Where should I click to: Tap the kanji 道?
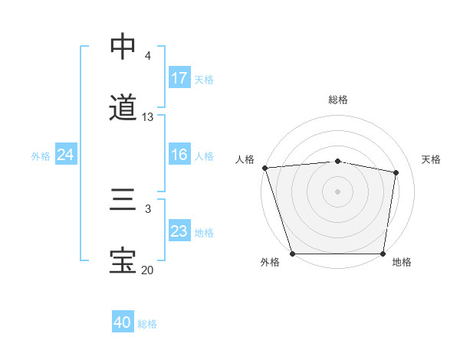[123, 107]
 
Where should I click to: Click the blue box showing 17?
[179, 78]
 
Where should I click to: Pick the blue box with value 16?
[179, 155]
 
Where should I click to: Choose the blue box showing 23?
[179, 231]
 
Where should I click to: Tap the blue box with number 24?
[65, 155]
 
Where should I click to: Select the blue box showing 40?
[123, 322]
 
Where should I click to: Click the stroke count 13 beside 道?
[148, 117]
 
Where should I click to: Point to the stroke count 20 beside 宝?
[148, 270]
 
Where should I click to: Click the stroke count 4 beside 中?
[148, 56]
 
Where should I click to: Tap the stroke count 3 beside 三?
[148, 208]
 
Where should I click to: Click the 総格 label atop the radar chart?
[338, 100]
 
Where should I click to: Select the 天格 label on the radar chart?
[431, 159]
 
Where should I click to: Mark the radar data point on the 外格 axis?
[293, 254]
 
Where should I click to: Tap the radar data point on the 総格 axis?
[338, 161]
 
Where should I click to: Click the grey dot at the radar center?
[338, 191]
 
